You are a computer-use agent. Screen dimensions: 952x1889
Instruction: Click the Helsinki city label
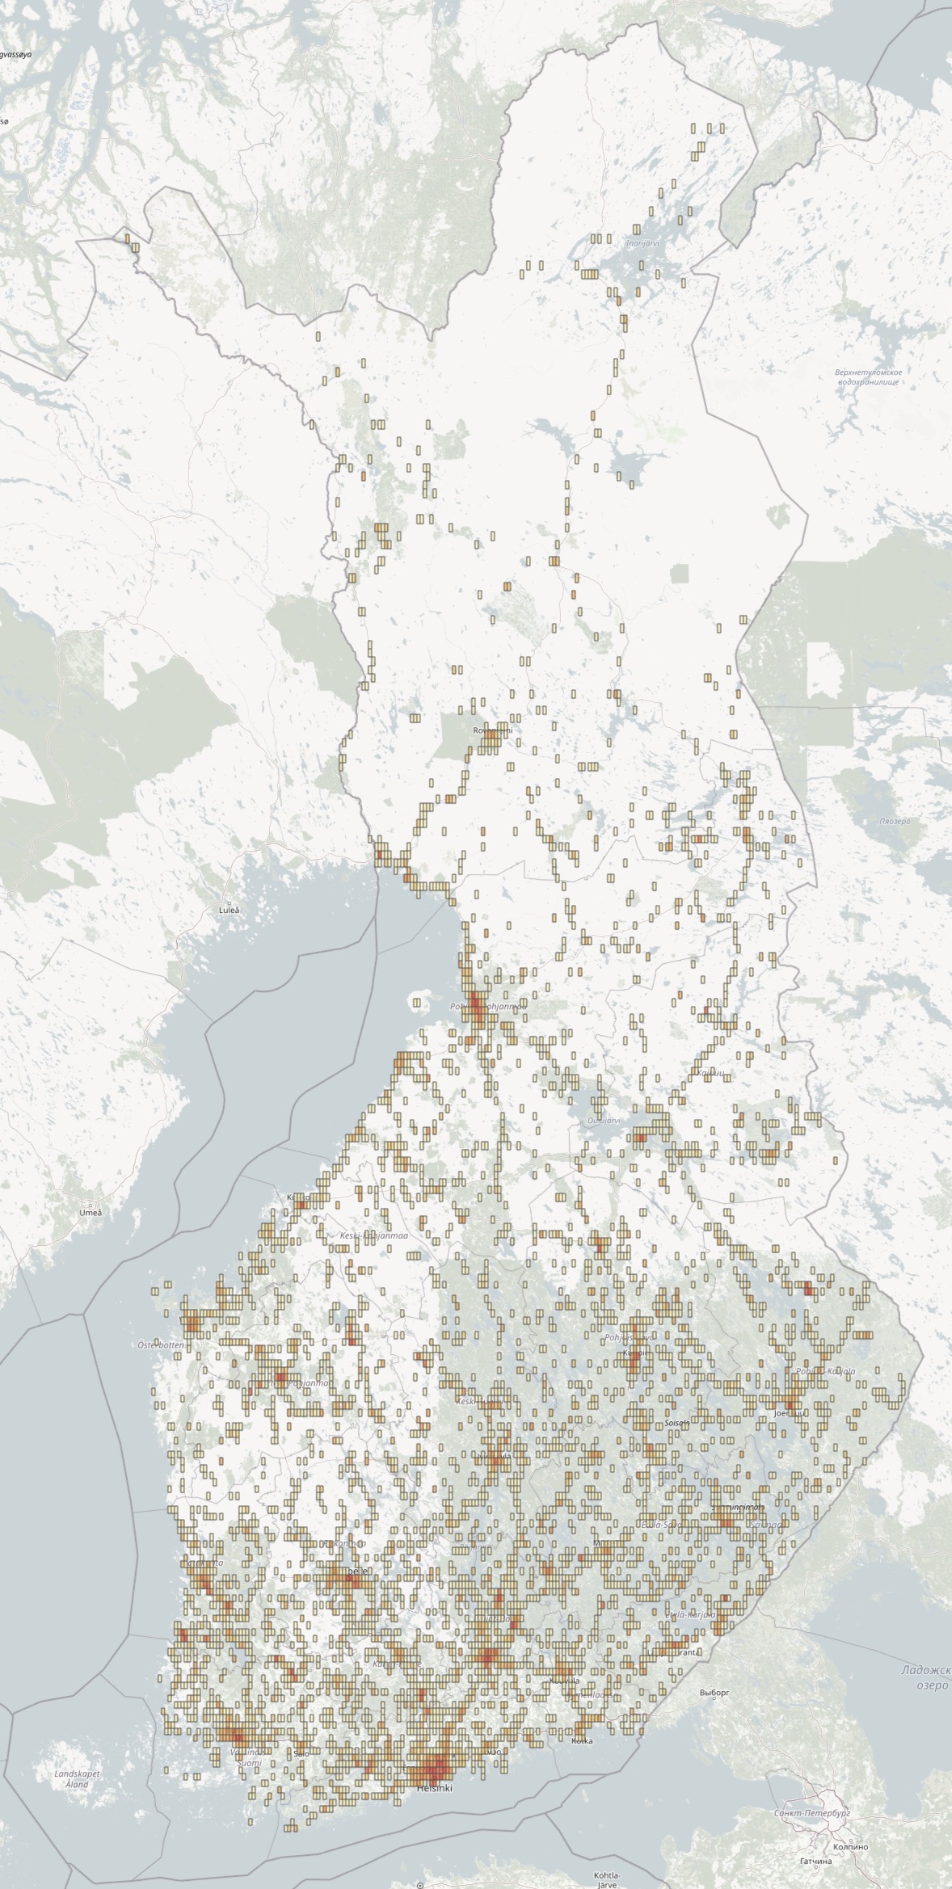tap(434, 1789)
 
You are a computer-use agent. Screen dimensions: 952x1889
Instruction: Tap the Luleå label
tap(230, 910)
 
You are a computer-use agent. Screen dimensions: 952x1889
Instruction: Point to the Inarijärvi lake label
tap(643, 242)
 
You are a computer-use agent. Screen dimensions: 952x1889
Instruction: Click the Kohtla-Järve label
tap(606, 1874)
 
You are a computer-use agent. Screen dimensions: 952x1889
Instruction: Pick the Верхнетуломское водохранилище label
tap(868, 377)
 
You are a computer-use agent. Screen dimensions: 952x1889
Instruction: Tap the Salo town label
tap(301, 1748)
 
